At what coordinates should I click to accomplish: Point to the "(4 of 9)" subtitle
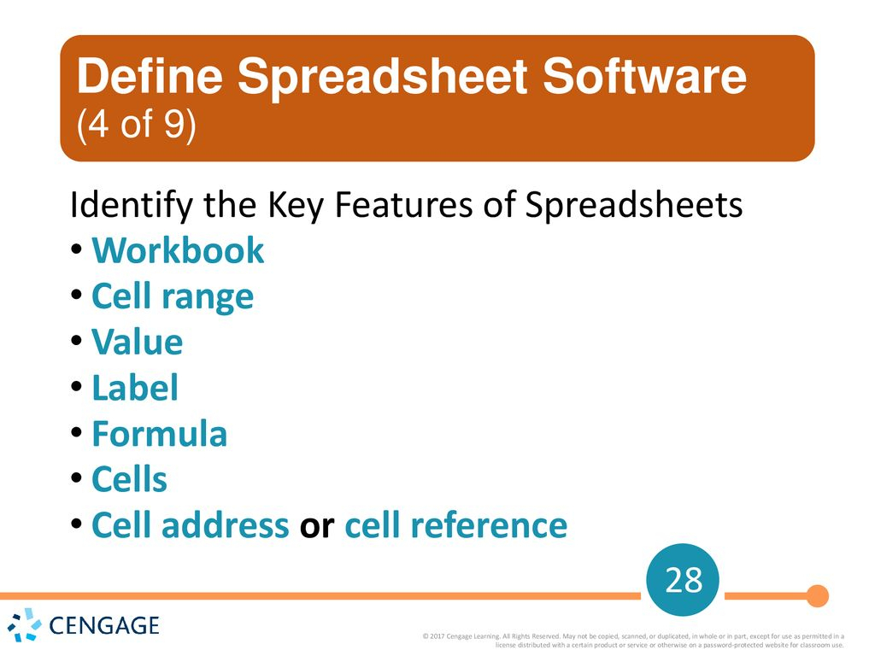coord(136,126)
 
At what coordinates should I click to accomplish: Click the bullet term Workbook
coord(178,251)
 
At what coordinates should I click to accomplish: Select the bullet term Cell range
coord(173,297)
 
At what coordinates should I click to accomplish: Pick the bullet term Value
coord(137,343)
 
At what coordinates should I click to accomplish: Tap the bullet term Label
coord(135,389)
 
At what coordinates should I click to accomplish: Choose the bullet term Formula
coord(159,435)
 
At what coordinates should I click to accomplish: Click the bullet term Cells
coord(129,480)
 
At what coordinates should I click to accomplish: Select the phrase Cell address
coord(190,526)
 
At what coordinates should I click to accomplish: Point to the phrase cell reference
coord(455,526)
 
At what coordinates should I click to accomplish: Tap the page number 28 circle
coord(683,582)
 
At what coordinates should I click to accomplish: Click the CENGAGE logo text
coord(104,626)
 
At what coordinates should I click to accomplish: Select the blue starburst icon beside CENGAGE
coord(25,624)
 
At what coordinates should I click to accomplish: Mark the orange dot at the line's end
coord(818,595)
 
